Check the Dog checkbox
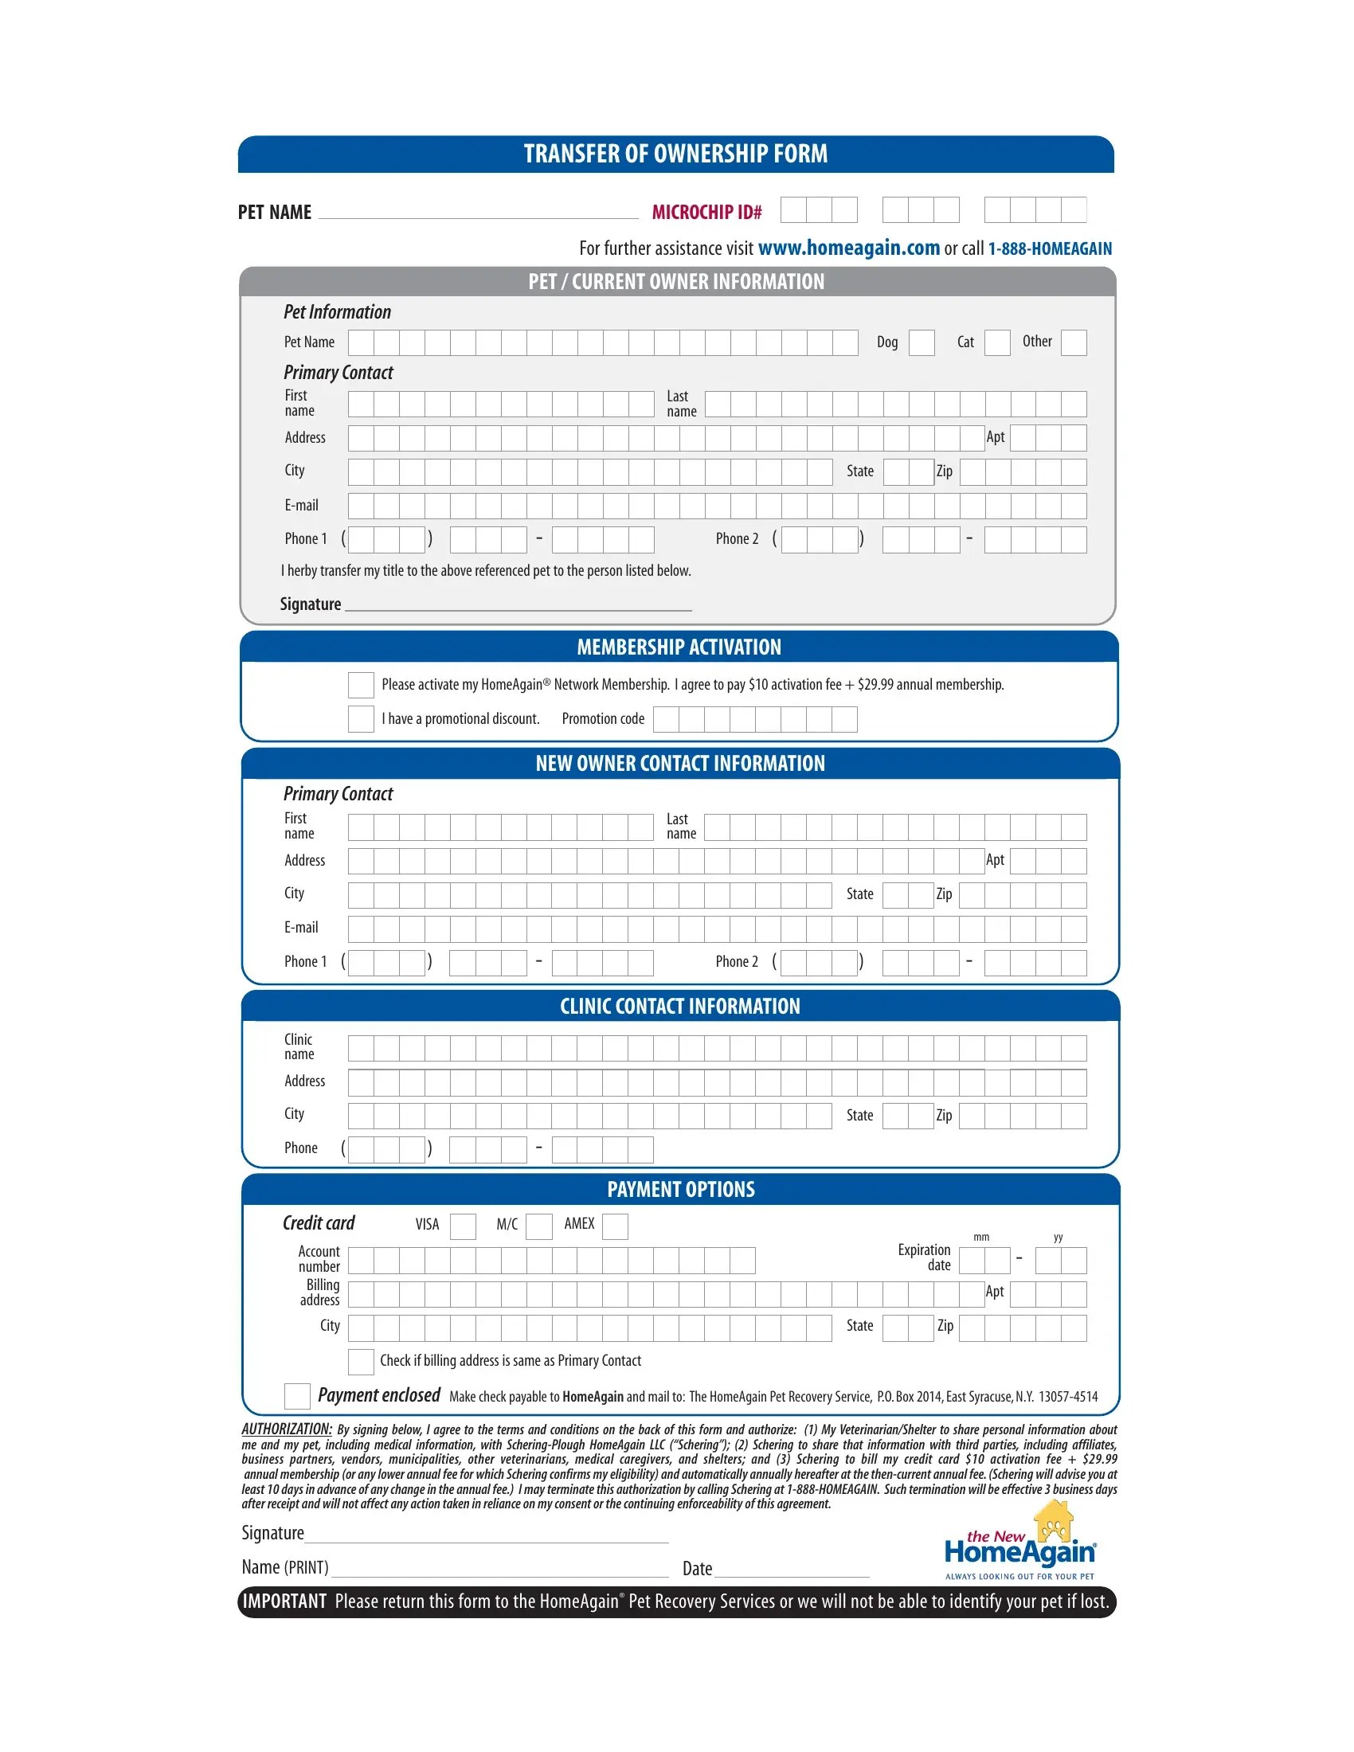pos(922,342)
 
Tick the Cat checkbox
pos(997,342)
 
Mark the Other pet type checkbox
pos(1074,342)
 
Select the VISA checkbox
pos(463,1226)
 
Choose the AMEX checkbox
pos(614,1226)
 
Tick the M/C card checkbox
pos(539,1226)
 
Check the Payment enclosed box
pos(297,1396)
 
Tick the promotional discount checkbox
pos(361,719)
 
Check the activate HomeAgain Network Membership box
pos(361,685)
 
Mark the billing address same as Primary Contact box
pos(361,1361)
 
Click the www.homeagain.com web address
pos(849,248)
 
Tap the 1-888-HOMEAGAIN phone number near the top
pos(1049,248)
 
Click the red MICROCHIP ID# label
pos(706,213)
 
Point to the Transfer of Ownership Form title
pos(675,154)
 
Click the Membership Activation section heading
pos(679,647)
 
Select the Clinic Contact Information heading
pos(679,1007)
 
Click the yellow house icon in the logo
pos(1054,1523)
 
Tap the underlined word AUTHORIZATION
pos(287,1429)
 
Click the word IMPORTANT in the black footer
pos(285,1602)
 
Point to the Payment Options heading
pos(680,1190)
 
